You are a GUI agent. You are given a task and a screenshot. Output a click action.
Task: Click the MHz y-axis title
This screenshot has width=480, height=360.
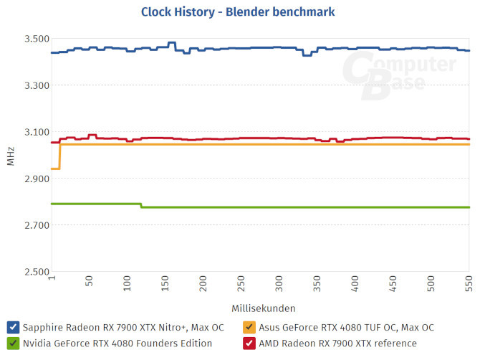click(x=10, y=156)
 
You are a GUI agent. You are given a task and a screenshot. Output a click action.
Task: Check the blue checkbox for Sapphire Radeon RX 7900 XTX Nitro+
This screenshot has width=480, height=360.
click(x=13, y=327)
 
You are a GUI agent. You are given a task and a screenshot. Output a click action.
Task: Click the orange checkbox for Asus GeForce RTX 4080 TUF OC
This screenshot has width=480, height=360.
click(x=249, y=327)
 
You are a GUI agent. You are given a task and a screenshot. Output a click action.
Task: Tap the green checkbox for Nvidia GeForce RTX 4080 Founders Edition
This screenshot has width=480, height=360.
click(x=13, y=344)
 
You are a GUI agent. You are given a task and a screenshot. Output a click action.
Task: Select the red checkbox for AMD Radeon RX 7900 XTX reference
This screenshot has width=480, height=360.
click(x=249, y=344)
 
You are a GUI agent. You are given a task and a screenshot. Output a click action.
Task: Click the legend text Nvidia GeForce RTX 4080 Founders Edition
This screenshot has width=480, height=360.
click(x=117, y=344)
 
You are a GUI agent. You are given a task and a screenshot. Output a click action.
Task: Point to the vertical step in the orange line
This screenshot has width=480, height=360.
click(x=59, y=156)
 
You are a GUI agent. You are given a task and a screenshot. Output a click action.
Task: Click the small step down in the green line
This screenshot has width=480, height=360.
click(x=141, y=206)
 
